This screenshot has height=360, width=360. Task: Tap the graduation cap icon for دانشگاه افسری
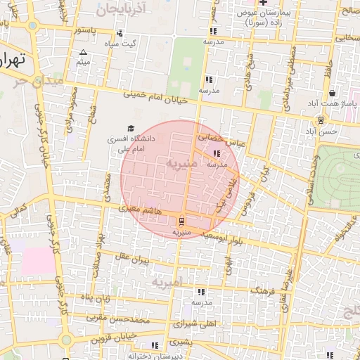click(x=129, y=128)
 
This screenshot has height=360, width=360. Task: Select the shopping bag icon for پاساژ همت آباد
click(x=331, y=94)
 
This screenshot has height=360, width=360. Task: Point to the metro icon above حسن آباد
click(x=321, y=120)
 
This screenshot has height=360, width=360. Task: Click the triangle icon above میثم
click(x=84, y=53)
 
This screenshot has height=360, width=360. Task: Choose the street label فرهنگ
click(x=261, y=290)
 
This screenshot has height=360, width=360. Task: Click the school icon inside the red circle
click(x=216, y=153)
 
